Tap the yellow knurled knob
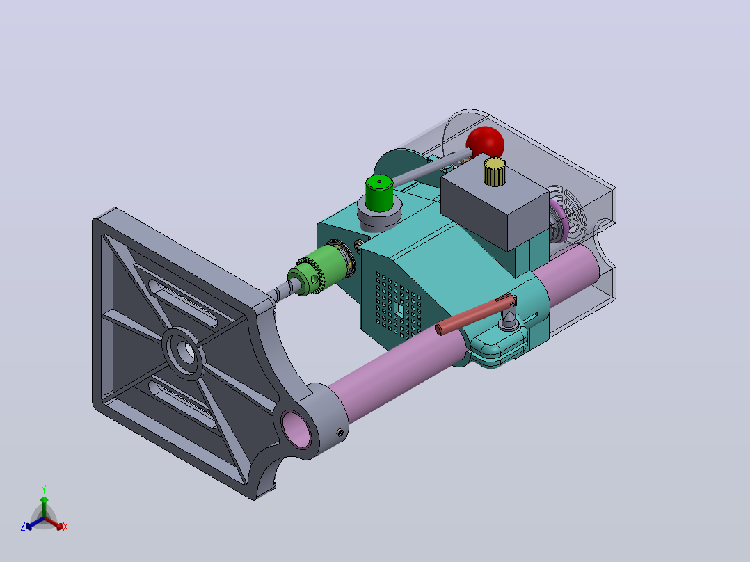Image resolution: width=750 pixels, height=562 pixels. click(x=495, y=172)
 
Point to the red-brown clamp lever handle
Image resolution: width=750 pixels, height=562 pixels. click(x=474, y=315)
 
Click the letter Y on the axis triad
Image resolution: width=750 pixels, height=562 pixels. click(x=44, y=489)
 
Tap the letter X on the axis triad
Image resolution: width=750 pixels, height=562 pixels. click(x=65, y=527)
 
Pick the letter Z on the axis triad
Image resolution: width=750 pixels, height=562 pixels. click(x=23, y=527)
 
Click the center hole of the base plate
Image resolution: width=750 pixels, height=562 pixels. click(x=186, y=353)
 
